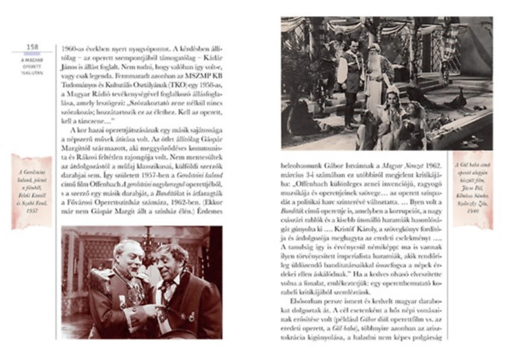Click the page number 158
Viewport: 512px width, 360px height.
[x=33, y=47]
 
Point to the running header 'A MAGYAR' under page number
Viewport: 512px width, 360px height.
[x=32, y=60]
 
